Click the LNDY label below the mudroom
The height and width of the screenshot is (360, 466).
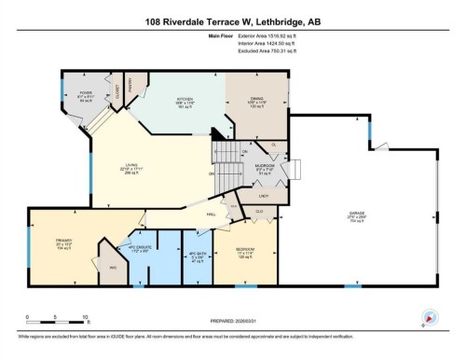[264, 195]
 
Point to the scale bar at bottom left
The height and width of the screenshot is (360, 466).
[56, 312]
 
